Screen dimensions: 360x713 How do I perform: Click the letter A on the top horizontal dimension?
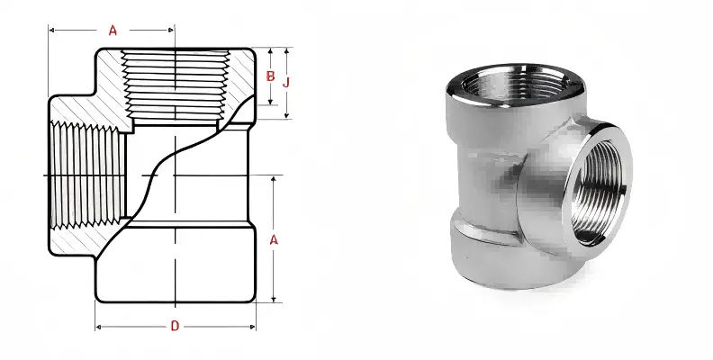click(x=113, y=30)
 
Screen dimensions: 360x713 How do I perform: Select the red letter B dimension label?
click(x=270, y=76)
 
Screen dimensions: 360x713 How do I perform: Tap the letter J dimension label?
click(x=286, y=82)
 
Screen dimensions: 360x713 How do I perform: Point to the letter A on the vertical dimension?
click(x=275, y=239)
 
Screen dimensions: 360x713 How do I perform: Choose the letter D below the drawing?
click(x=174, y=325)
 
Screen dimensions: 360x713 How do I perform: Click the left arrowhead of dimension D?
click(x=99, y=325)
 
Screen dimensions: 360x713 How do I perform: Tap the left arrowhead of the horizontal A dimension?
click(x=52, y=31)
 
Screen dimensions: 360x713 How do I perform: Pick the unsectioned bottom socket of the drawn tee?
click(x=176, y=265)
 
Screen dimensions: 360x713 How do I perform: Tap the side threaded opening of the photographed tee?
click(x=594, y=184)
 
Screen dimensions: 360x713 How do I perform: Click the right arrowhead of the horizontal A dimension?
click(x=170, y=31)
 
